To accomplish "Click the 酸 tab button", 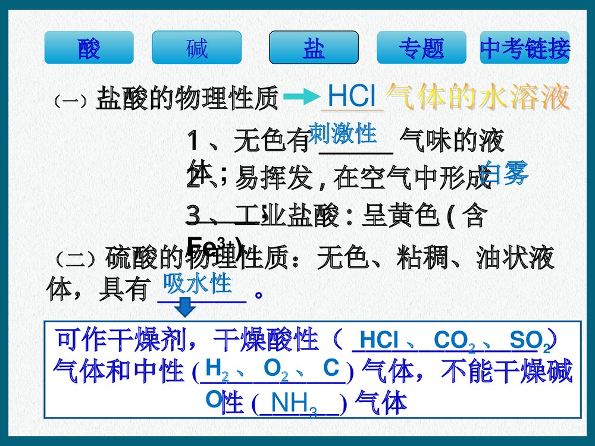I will pyautogui.click(x=89, y=48).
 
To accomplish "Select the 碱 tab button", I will pyautogui.click(x=196, y=48).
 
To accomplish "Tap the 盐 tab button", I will pyautogui.click(x=314, y=48).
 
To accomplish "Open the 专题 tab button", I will pyautogui.click(x=421, y=48).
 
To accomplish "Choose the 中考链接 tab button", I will pyautogui.click(x=525, y=48).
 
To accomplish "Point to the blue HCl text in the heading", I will pyautogui.click(x=352, y=96).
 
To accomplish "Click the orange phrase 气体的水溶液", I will pyautogui.click(x=478, y=96).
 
